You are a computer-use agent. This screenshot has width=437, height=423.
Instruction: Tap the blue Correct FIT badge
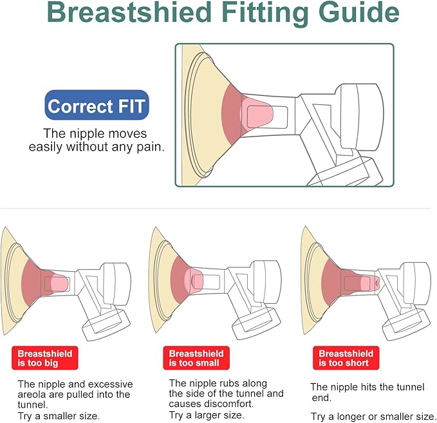[x=97, y=106]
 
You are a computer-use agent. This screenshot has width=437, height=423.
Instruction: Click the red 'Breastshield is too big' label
[x=44, y=359]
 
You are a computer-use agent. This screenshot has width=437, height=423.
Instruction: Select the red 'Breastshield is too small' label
[x=196, y=359]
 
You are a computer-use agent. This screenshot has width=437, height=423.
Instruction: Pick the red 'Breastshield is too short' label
[x=346, y=359]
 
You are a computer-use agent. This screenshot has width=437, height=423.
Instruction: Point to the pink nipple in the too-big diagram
[x=59, y=283]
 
